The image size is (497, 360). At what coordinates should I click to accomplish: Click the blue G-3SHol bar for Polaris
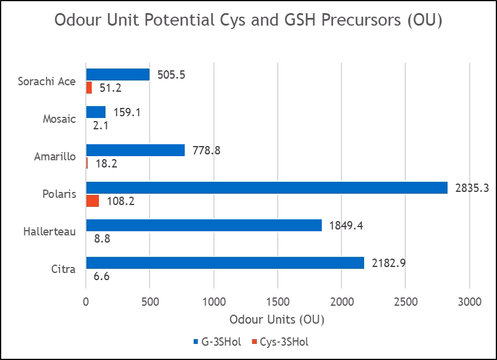[x=267, y=187]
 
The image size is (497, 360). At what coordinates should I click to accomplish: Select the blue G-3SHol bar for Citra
[x=225, y=263]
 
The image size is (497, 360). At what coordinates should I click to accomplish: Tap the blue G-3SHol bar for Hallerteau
[x=204, y=225]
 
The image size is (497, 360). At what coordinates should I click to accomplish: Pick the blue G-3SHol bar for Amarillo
[x=136, y=150]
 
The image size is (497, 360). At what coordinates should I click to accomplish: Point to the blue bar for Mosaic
[x=96, y=112]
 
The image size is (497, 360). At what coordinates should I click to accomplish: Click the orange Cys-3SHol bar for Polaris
[x=92, y=201]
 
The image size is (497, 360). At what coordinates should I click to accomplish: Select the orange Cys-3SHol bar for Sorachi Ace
[x=89, y=88]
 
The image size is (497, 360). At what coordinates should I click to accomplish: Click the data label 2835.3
[x=472, y=188]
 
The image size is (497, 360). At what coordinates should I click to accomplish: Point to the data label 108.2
[x=120, y=201]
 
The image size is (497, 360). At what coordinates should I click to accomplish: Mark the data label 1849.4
[x=347, y=225]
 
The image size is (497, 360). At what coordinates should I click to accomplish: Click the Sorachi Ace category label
[x=46, y=81]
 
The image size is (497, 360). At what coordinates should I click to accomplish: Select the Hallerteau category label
[x=49, y=231]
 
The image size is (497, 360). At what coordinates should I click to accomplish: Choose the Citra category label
[x=63, y=269]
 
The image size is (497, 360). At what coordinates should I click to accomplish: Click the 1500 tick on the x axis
[x=278, y=302]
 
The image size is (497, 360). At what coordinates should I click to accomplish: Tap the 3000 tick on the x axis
[x=470, y=302]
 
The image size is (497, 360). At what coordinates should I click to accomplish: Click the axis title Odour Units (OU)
[x=277, y=319]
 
